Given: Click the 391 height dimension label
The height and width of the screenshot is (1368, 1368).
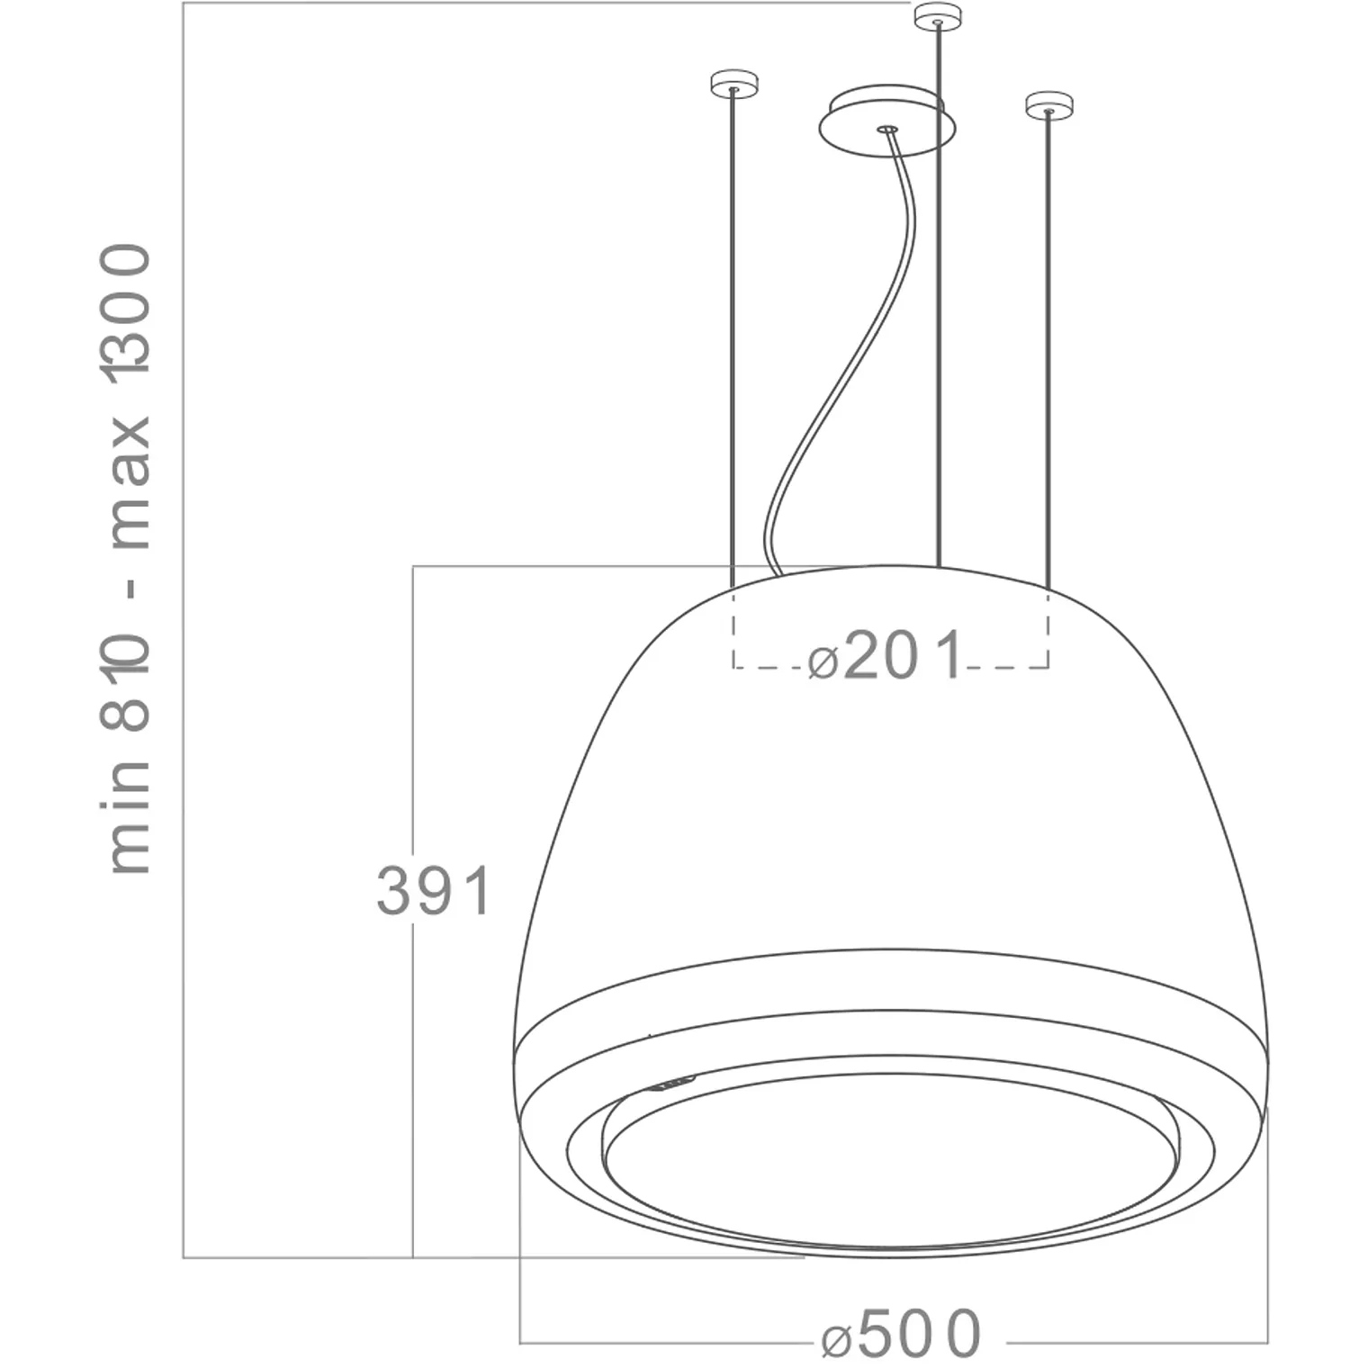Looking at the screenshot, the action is [x=434, y=891].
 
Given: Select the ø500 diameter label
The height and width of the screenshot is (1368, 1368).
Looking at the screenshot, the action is [x=901, y=1333].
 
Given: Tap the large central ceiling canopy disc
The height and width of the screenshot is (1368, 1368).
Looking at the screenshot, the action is [x=886, y=121].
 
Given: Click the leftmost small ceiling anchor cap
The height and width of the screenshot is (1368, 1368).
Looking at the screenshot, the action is [x=734, y=83].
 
